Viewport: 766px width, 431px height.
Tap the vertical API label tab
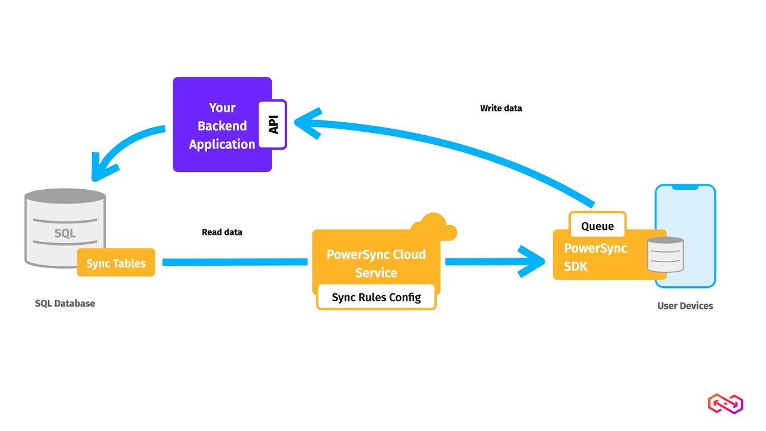point(273,125)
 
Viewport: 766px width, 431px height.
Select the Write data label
point(501,108)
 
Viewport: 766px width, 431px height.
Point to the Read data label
point(222,232)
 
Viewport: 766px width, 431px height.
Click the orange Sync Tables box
point(116,263)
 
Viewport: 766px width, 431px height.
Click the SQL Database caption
point(65,303)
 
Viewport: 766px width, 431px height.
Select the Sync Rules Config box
point(376,298)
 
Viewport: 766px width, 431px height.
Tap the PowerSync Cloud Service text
point(376,263)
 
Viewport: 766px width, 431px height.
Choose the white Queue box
point(597,226)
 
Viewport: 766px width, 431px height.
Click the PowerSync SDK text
point(595,257)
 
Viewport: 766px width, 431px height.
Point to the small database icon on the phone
point(666,254)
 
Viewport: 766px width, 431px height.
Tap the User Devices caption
point(685,306)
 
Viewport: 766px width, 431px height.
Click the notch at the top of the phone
point(685,187)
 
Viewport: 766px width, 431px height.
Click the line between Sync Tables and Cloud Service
point(235,262)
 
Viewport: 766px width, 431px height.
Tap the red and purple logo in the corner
point(725,403)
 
